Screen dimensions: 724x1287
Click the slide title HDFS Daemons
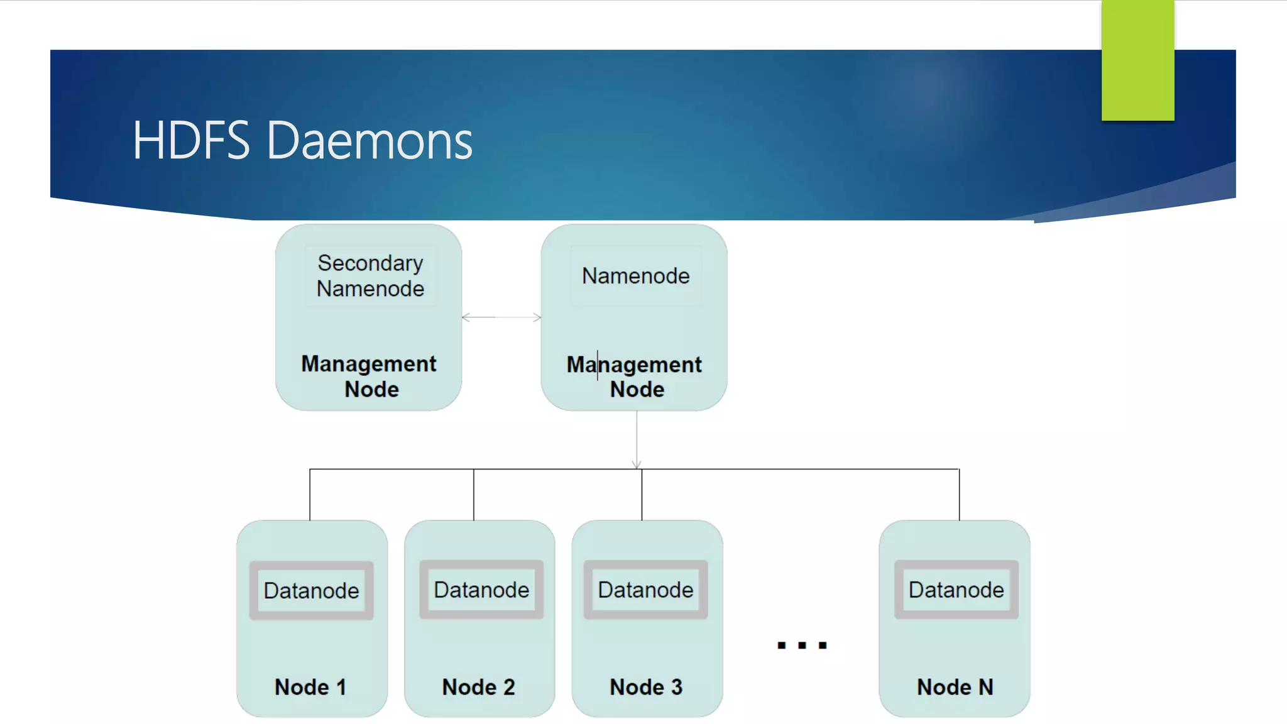pos(302,141)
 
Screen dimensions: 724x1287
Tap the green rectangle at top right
pos(1137,60)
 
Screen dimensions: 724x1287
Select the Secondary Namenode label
pos(370,276)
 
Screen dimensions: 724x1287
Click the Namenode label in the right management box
pos(635,276)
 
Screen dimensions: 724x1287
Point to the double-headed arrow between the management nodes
pos(501,317)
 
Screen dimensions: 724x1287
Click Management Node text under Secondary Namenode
pos(370,376)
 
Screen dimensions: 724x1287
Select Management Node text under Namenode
pos(635,376)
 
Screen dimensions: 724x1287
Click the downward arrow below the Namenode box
pos(637,440)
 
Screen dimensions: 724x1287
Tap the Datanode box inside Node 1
pos(312,591)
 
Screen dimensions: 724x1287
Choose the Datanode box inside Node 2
pos(481,590)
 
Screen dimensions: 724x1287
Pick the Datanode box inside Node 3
pos(645,590)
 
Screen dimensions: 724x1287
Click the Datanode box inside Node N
pos(956,590)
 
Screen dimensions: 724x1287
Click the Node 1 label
pos(310,687)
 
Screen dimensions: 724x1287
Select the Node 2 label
pos(479,687)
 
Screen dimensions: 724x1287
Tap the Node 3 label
pos(646,687)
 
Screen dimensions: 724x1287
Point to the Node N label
pos(955,687)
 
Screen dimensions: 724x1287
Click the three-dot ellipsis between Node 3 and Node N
pos(802,645)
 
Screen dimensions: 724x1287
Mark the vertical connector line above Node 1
pos(310,495)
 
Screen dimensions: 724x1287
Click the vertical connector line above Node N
pos(959,495)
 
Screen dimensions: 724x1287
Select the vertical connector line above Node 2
pos(474,495)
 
